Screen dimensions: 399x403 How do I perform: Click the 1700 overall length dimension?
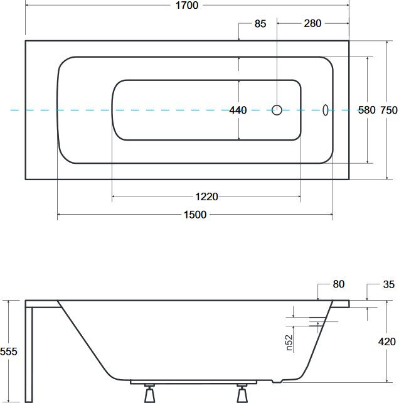click(x=187, y=5)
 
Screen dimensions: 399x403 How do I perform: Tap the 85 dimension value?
click(x=260, y=24)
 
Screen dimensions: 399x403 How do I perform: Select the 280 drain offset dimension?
click(x=312, y=23)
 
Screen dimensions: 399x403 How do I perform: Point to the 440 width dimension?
click(x=238, y=110)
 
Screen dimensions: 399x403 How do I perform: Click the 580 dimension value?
click(x=367, y=110)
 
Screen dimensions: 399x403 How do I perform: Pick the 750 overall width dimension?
click(x=389, y=110)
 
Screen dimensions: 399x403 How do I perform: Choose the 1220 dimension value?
click(x=206, y=196)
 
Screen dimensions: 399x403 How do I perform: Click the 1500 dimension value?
click(x=195, y=215)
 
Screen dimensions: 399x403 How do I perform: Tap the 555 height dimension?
click(x=9, y=352)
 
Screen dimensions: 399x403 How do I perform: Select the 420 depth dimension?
click(x=387, y=341)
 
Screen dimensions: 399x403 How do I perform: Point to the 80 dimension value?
click(x=339, y=284)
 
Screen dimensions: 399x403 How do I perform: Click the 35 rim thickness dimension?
click(x=389, y=284)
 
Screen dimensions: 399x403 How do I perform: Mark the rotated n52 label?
click(x=289, y=343)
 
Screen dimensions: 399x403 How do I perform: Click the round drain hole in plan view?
click(x=277, y=110)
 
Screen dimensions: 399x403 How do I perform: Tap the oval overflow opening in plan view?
click(x=325, y=110)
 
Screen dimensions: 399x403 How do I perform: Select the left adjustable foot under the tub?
click(x=149, y=393)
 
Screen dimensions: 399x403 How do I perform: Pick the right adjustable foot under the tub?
click(x=242, y=393)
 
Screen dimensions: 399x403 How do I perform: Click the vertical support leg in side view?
click(x=29, y=355)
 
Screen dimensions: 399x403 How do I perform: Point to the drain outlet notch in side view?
click(x=277, y=381)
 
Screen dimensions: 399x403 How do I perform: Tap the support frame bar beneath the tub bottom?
click(x=193, y=382)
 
